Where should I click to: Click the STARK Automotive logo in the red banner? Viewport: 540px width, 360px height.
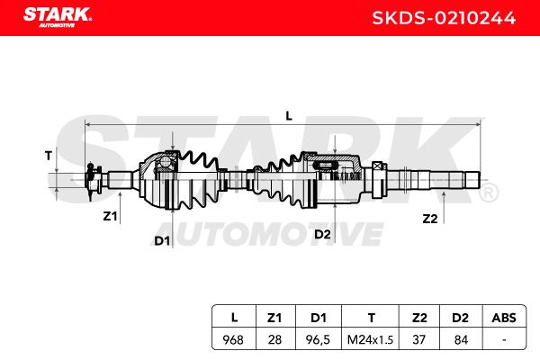tap(58, 17)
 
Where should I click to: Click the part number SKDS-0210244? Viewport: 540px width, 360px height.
tap(444, 18)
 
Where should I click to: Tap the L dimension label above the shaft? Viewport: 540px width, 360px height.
tap(289, 116)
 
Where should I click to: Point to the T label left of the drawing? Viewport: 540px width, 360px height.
tap(49, 156)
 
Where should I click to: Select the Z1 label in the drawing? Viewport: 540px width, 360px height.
tap(110, 216)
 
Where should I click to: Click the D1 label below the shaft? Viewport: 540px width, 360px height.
tap(162, 241)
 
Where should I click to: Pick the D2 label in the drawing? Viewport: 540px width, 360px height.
tap(322, 234)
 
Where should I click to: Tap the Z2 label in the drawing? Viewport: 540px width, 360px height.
tap(430, 219)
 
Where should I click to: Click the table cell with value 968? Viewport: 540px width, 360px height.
tap(233, 340)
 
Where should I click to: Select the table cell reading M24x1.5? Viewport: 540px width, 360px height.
tap(370, 340)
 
